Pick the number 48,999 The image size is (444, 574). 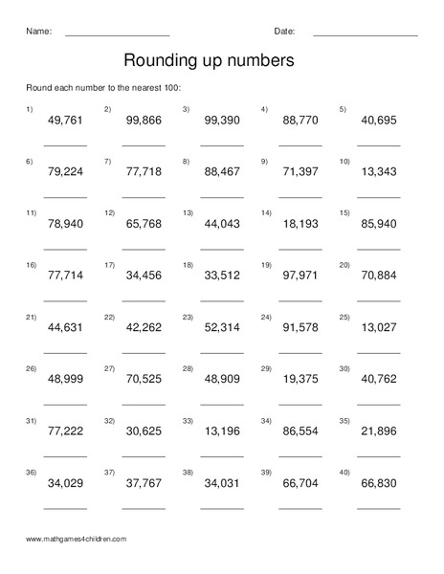coord(65,378)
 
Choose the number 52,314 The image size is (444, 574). coord(222,326)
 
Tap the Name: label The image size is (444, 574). coord(37,31)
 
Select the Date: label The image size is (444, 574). coord(284,31)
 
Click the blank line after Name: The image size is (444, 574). coord(117,35)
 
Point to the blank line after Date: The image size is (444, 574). coord(365,35)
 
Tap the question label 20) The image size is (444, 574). coord(344,264)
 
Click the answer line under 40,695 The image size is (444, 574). coord(379,144)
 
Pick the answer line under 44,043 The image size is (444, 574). coord(222,248)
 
